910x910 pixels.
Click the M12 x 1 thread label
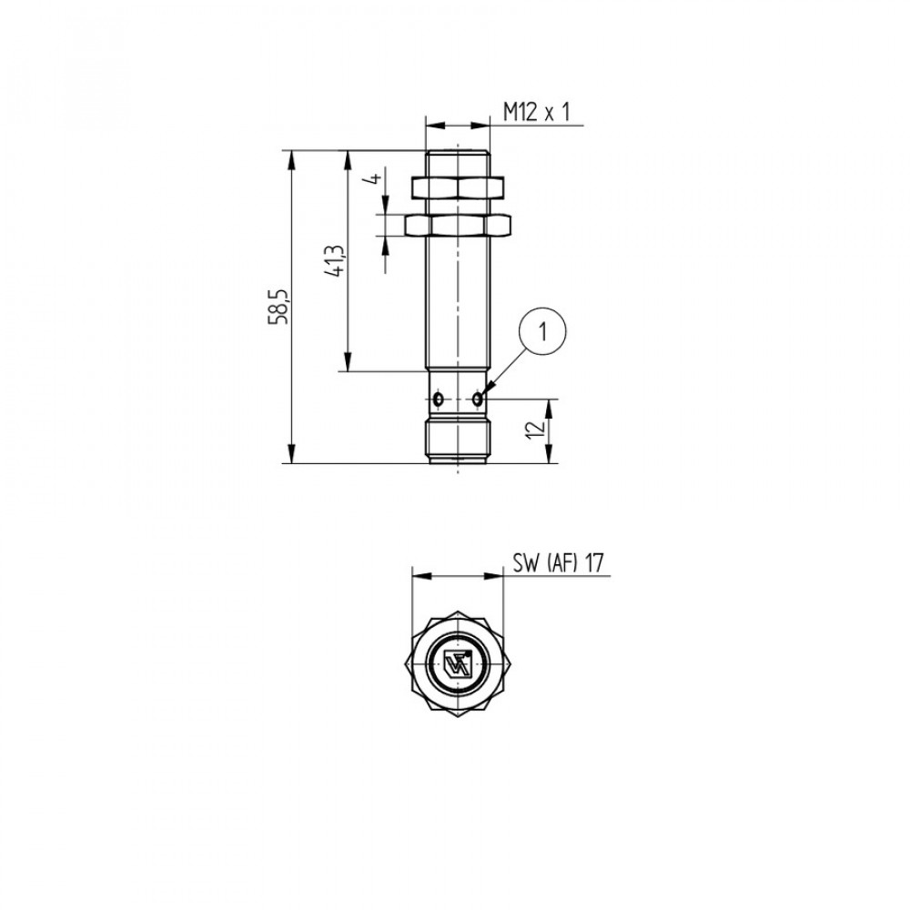(x=536, y=111)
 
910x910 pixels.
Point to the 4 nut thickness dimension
(x=376, y=177)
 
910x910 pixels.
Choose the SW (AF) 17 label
(x=559, y=562)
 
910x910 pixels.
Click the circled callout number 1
(x=542, y=333)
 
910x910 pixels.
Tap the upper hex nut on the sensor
(x=458, y=187)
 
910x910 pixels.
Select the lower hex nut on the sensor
(x=458, y=225)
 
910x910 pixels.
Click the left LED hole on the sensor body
(x=439, y=399)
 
